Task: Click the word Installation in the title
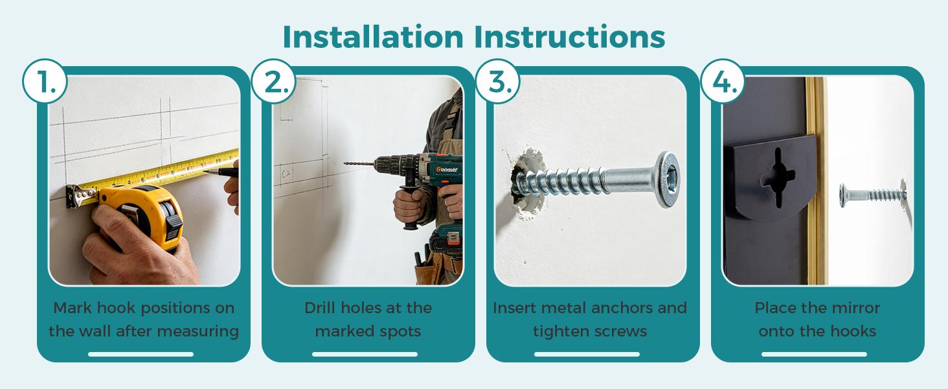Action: tap(373, 37)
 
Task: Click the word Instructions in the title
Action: tap(569, 37)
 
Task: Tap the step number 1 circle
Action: tap(45, 81)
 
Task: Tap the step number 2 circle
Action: tap(273, 81)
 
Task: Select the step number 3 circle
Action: tap(498, 81)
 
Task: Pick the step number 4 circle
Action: tap(723, 81)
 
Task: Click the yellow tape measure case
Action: tap(142, 216)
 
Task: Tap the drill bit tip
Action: tap(345, 163)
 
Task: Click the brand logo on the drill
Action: tap(447, 170)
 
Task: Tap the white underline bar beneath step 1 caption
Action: tap(141, 354)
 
